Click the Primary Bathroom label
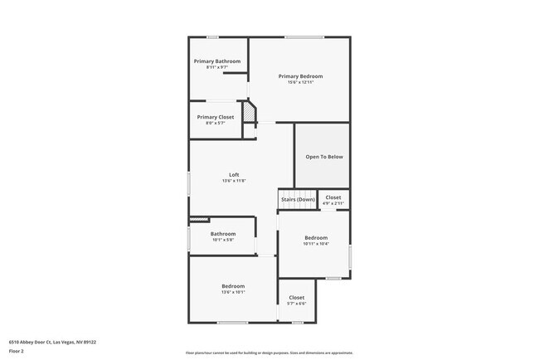coord(217,61)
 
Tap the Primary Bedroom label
coord(300,76)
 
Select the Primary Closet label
coord(216,117)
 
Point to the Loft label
coord(234,175)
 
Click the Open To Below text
coord(324,156)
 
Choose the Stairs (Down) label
coord(298,199)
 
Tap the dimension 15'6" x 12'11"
coord(300,82)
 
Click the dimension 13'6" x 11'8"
coord(234,181)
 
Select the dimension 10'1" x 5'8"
coord(223,240)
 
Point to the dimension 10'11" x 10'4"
coord(316,244)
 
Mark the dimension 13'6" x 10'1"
coord(233,292)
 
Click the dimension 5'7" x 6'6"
coord(297,304)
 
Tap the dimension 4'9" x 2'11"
coord(333,203)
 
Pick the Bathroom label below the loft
coord(223,234)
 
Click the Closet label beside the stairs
coord(333,197)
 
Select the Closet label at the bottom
coord(297,297)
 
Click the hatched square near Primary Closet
coord(248,111)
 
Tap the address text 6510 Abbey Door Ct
coord(52,341)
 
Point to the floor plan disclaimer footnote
coord(269,353)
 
